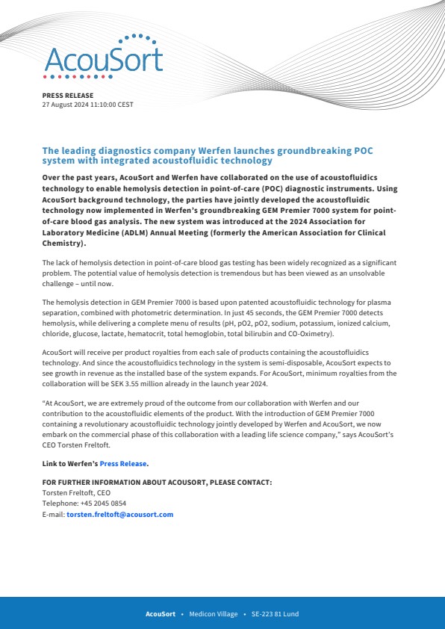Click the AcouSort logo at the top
click(x=103, y=57)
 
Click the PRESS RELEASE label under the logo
click(x=68, y=96)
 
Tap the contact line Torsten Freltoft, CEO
click(x=76, y=493)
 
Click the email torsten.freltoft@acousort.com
click(x=119, y=514)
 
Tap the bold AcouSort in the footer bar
click(x=160, y=613)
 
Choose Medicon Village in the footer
click(x=214, y=613)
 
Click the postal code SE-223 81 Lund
click(x=275, y=613)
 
